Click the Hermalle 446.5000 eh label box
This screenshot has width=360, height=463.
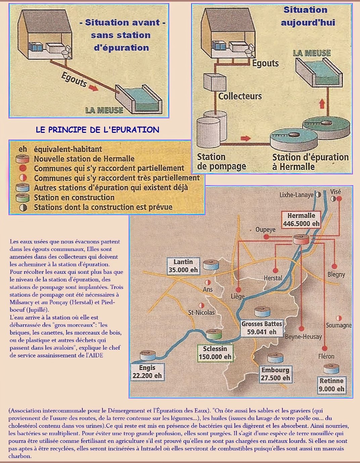point(301,220)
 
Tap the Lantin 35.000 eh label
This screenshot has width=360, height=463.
point(183,266)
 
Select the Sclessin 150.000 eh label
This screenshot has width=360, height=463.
point(215,353)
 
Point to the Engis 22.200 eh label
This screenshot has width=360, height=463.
point(147,372)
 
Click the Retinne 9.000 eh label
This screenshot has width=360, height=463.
point(331,385)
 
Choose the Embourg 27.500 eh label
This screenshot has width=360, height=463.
point(275,374)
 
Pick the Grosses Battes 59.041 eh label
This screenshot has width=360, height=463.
point(262,328)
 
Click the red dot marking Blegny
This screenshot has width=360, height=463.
point(334,267)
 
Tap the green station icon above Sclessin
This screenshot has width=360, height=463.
point(214,334)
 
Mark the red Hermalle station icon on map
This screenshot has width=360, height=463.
point(301,239)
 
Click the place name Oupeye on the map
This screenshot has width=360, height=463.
point(265,229)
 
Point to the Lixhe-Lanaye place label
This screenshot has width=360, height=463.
point(297,195)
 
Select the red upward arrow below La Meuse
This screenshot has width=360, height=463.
point(322,104)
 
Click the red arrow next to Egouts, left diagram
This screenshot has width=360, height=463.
point(93,88)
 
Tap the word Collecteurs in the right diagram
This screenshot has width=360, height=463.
point(240,96)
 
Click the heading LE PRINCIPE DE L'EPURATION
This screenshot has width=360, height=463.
point(97,130)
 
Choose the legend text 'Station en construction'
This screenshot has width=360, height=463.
point(74,198)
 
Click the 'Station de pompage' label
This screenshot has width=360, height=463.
point(221,162)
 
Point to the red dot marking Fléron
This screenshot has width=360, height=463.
point(324,348)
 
